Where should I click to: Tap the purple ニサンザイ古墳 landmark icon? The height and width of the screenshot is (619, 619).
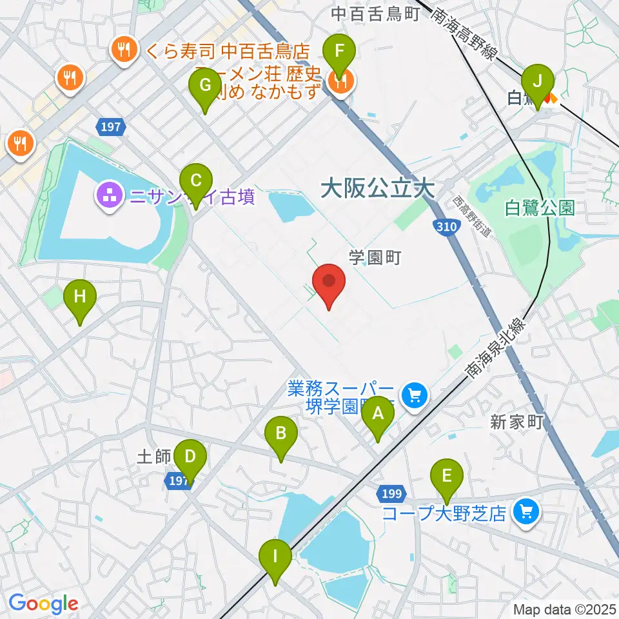(109, 195)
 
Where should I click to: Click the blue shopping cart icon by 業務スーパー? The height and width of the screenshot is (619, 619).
(413, 395)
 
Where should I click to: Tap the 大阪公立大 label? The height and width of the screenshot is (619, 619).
(377, 189)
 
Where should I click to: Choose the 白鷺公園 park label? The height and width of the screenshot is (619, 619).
(540, 208)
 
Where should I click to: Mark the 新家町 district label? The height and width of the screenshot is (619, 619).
(517, 422)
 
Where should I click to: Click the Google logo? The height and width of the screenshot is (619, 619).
(44, 604)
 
